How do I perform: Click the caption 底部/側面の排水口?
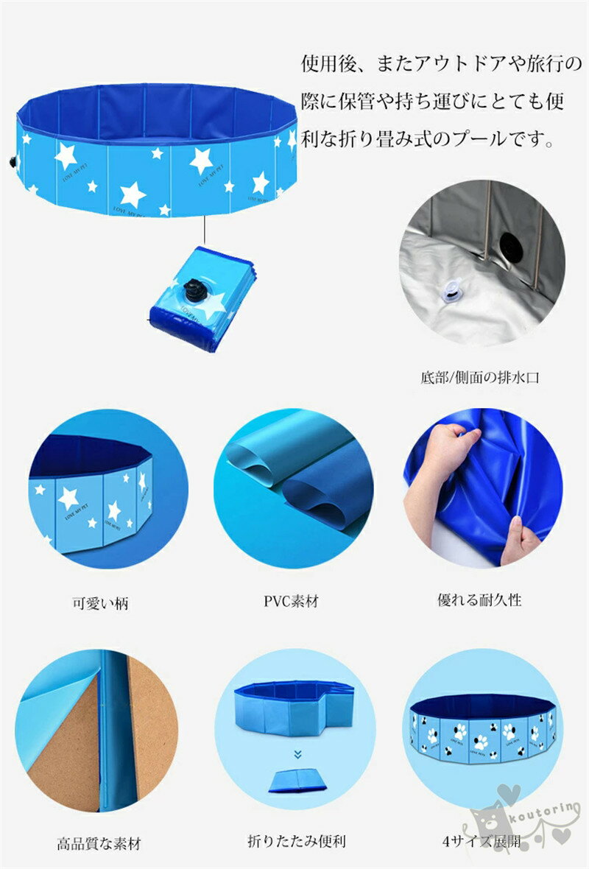(x=479, y=377)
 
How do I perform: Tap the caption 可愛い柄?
(x=100, y=603)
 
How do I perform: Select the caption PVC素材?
(x=291, y=601)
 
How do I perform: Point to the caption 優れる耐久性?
(x=480, y=599)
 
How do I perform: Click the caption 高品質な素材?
(x=99, y=843)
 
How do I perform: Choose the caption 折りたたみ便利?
(x=297, y=841)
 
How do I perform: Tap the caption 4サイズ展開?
(x=481, y=841)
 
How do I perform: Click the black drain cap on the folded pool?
(x=194, y=290)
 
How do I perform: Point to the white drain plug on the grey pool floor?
(x=451, y=289)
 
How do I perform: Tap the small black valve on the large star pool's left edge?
(x=13, y=162)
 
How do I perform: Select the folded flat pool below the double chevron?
(x=297, y=781)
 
